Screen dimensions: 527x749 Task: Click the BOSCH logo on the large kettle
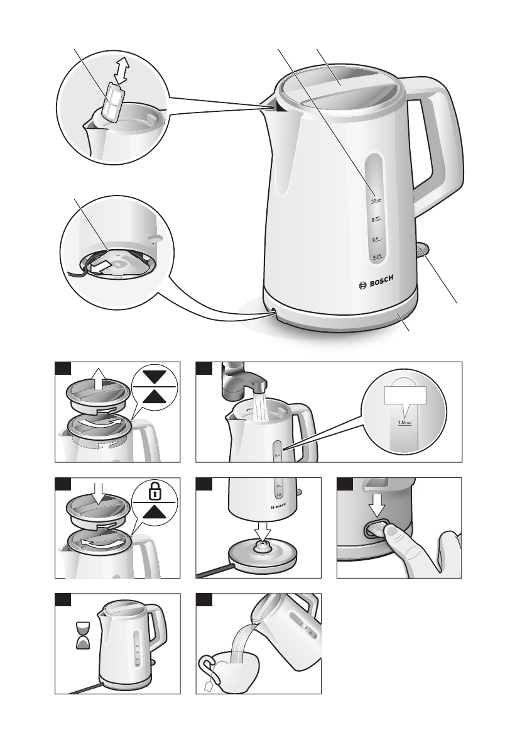click(379, 284)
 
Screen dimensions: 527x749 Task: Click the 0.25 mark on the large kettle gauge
click(377, 257)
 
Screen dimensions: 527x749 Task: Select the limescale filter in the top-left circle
click(113, 102)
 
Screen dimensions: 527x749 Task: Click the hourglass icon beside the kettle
click(82, 635)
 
